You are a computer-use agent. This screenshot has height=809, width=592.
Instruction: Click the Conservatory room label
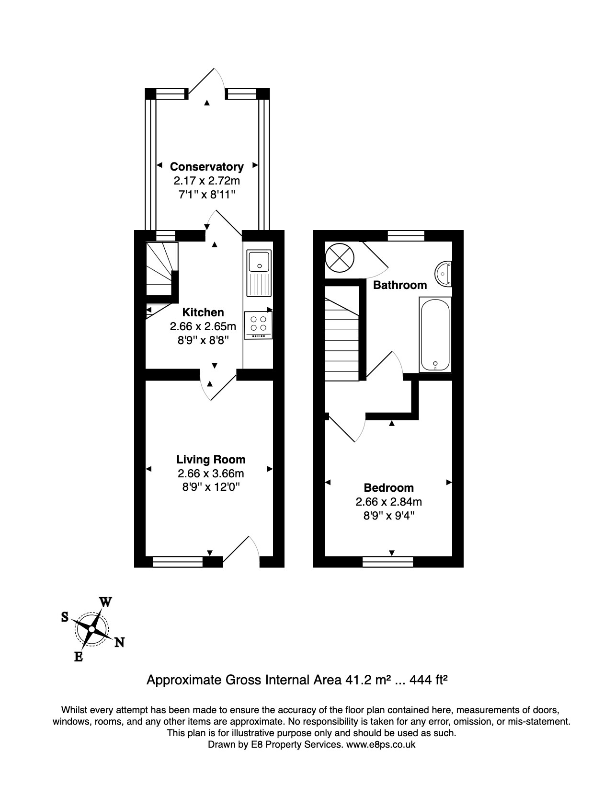[x=206, y=167]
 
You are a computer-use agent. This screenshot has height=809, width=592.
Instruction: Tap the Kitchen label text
[x=203, y=312]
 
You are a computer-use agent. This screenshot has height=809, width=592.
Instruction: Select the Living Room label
[x=211, y=460]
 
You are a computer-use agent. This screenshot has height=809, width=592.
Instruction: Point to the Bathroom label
[x=400, y=285]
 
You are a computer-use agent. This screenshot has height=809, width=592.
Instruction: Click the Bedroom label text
[x=388, y=488]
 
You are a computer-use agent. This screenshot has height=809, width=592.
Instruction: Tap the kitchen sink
[x=259, y=273]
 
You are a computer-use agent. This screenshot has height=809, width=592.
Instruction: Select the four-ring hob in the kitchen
[x=258, y=324]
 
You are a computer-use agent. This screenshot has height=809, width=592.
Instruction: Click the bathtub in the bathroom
[x=435, y=334]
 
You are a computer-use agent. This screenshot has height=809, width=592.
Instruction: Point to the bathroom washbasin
[x=444, y=274]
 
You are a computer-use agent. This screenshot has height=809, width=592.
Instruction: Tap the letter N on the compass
[x=119, y=642]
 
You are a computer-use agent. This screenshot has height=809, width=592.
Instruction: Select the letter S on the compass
[x=65, y=617]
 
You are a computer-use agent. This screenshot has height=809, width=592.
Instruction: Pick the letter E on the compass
[x=78, y=657]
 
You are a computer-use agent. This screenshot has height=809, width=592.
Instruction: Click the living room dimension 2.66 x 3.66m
[x=211, y=474]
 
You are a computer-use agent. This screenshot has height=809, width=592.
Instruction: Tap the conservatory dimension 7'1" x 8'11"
[x=206, y=195]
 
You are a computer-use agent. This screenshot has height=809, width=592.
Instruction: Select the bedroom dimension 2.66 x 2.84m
[x=388, y=502]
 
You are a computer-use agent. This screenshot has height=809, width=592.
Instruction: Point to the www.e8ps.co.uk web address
[x=380, y=744]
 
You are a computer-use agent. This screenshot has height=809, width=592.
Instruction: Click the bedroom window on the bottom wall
[x=387, y=561]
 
